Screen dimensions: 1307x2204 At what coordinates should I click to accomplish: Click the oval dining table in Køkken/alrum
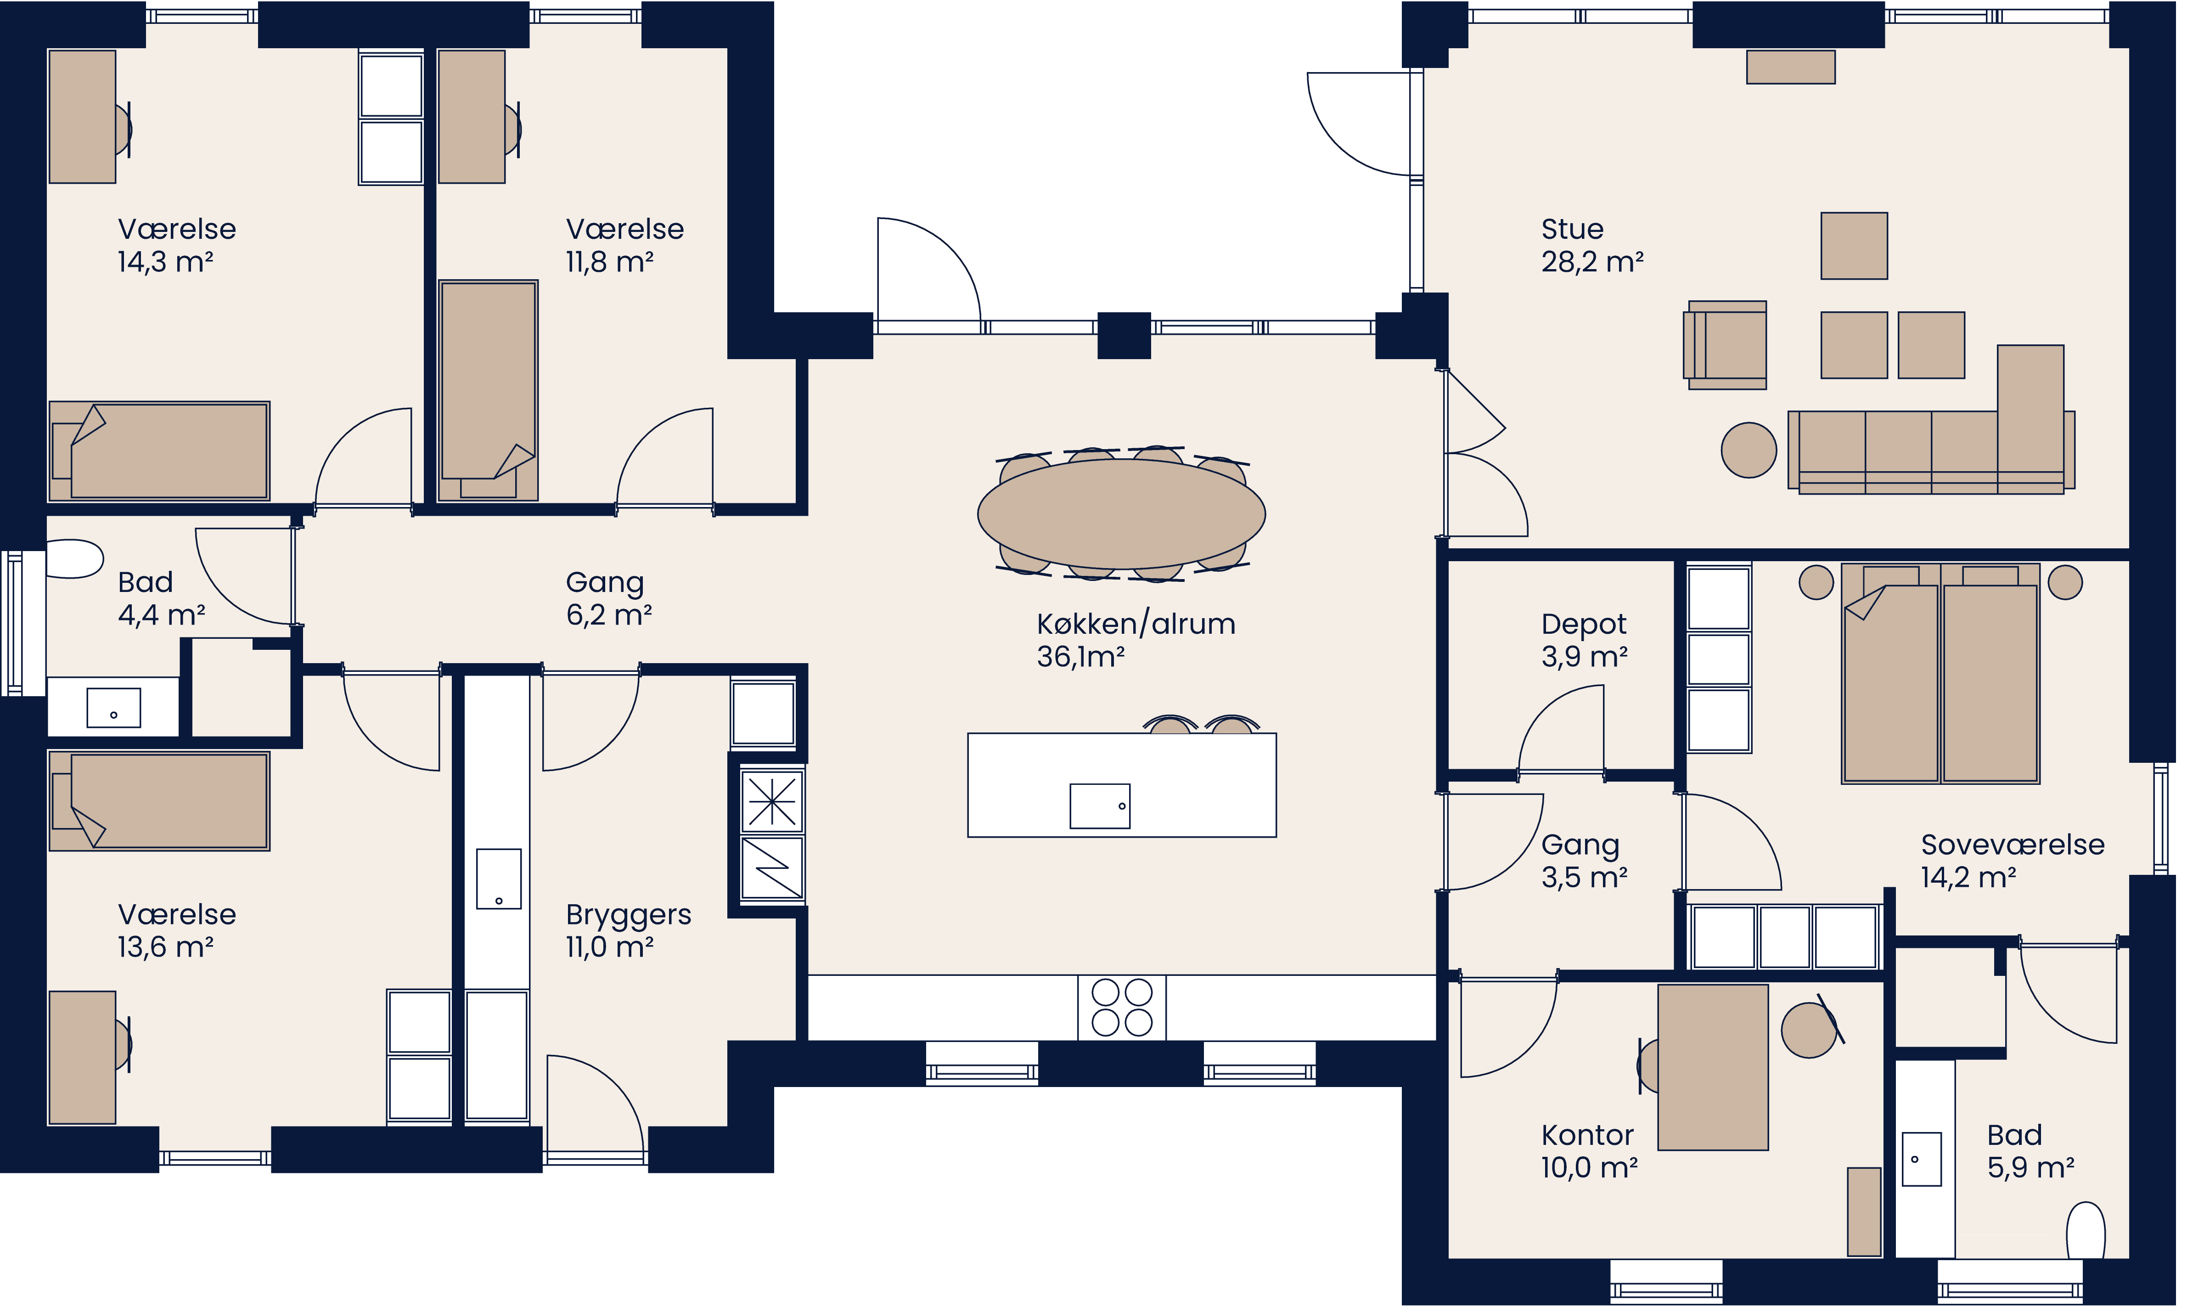[x=1121, y=513]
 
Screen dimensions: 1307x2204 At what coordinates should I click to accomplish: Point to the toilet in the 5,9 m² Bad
[x=2085, y=1231]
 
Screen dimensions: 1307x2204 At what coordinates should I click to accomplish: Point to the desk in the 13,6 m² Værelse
[x=82, y=1057]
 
